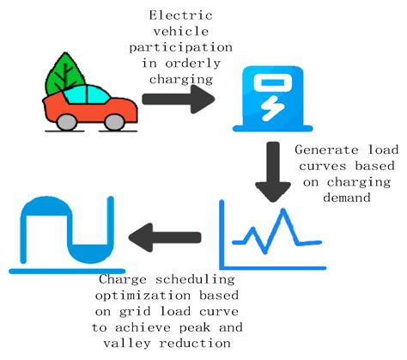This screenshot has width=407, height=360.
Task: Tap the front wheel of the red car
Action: click(x=114, y=122)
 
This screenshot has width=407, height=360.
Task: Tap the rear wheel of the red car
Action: click(x=67, y=122)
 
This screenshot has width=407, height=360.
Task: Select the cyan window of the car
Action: click(x=87, y=95)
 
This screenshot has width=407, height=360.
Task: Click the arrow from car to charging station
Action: click(x=178, y=99)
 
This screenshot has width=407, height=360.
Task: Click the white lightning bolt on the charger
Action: click(x=273, y=108)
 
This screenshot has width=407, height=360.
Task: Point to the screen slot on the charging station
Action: click(x=272, y=82)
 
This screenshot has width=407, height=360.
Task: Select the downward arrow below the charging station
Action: click(x=273, y=172)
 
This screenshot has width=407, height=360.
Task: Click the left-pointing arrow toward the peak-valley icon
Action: click(x=165, y=237)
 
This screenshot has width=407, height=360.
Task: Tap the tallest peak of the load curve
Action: click(x=283, y=211)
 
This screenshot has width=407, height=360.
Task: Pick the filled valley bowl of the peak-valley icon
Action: click(x=90, y=254)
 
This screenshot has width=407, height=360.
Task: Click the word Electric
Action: click(x=180, y=15)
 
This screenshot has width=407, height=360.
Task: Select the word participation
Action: click(x=180, y=47)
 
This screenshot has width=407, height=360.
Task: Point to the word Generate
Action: click(x=326, y=150)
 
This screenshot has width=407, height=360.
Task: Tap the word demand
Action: click(x=347, y=198)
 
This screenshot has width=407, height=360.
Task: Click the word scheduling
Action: click(x=195, y=280)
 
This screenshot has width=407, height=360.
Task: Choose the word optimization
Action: click(x=143, y=296)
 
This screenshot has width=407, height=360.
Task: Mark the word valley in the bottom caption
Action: click(x=127, y=343)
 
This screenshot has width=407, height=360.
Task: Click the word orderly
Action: click(x=192, y=64)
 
